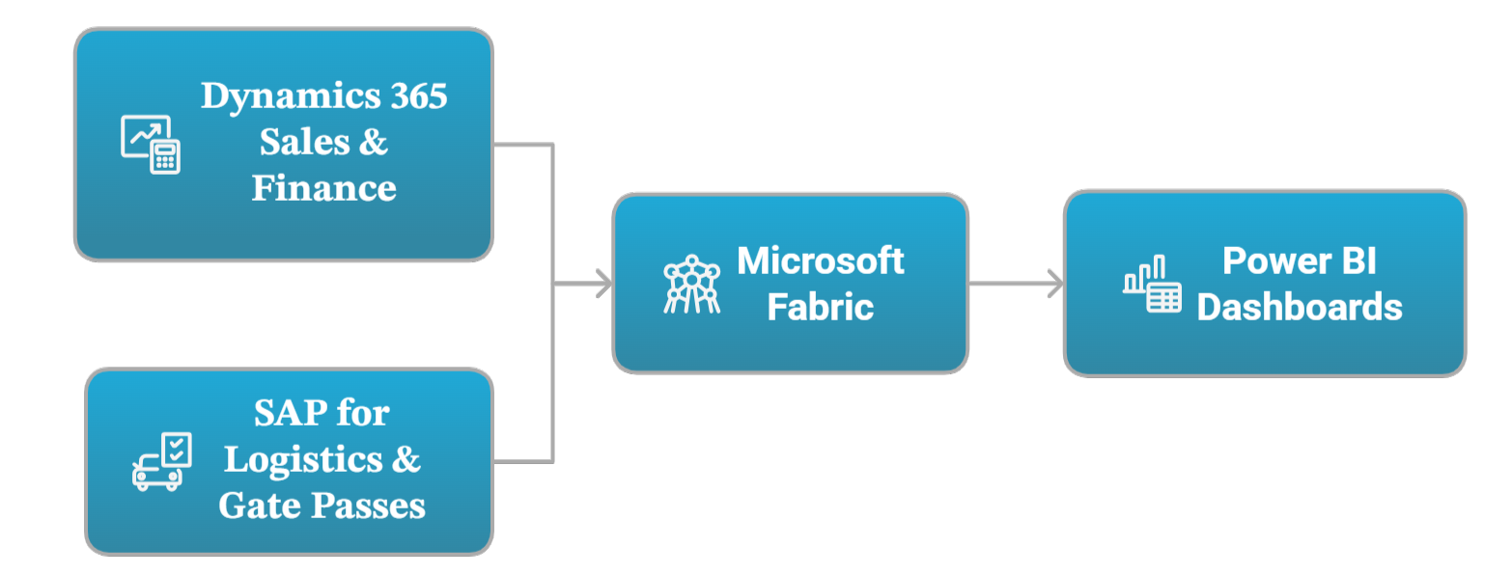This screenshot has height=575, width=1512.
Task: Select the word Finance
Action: click(x=323, y=187)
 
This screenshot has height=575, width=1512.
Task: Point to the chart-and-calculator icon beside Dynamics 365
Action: click(x=151, y=145)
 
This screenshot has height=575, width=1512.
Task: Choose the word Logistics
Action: click(x=302, y=459)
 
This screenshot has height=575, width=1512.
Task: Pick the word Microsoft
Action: click(x=821, y=260)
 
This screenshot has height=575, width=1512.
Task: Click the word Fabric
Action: click(x=821, y=307)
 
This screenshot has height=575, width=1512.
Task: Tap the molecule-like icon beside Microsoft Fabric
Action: click(x=691, y=284)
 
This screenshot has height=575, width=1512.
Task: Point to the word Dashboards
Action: click(x=1300, y=307)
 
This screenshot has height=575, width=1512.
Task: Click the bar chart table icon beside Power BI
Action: click(x=1152, y=285)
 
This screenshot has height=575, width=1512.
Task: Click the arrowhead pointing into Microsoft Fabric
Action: click(x=604, y=284)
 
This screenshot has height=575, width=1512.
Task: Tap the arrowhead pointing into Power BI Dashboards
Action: click(x=1055, y=284)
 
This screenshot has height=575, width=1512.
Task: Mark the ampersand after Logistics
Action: click(x=407, y=459)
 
